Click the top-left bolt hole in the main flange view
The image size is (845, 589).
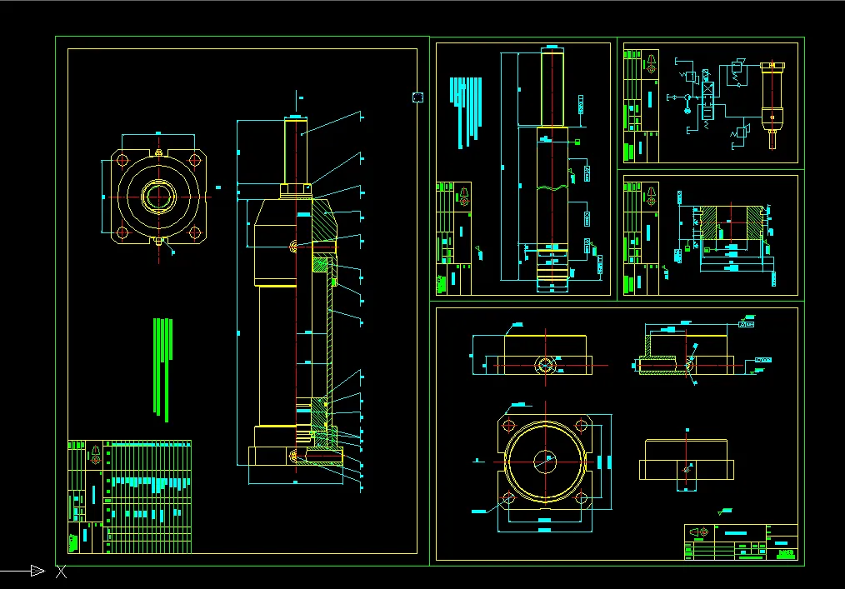coord(122,160)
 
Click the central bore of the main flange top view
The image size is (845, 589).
coord(157,196)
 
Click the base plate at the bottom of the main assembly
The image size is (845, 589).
coord(296,457)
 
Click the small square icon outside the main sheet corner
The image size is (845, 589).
coord(418,97)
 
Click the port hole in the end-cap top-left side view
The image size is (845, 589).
coord(545,365)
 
